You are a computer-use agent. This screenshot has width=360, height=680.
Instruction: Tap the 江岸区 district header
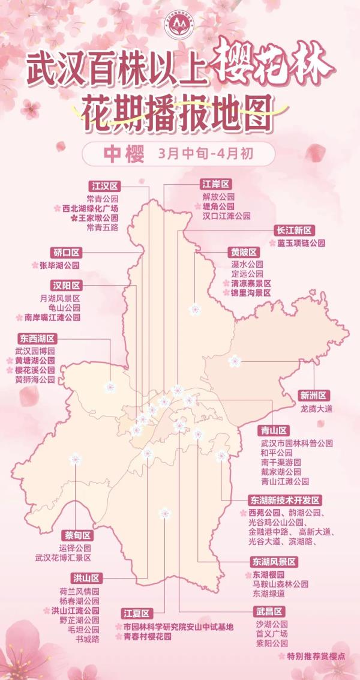coord(215,185)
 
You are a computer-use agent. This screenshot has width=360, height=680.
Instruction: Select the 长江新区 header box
coord(295,230)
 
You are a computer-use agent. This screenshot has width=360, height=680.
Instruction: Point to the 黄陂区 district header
coord(244,251)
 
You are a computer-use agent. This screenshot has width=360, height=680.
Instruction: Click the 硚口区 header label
coord(67,252)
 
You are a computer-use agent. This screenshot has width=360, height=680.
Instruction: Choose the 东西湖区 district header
coord(37,338)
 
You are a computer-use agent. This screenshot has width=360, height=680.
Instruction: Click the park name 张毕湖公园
coord(59,265)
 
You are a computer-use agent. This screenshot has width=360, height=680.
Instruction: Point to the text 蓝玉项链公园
coord(301,244)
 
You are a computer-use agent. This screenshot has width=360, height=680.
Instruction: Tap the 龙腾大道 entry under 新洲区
coord(316,409)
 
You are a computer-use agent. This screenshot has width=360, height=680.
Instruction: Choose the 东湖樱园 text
coord(268,574)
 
